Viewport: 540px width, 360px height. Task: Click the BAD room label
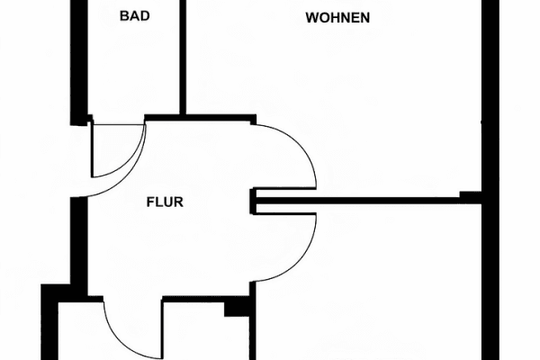(x=133, y=15)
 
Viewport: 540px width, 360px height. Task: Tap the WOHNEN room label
(x=337, y=18)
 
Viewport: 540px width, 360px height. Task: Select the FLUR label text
(x=165, y=202)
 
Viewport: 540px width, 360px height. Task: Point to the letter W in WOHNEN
(x=310, y=18)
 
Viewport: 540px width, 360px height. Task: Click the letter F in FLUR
(x=150, y=202)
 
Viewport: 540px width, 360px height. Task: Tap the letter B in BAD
(x=123, y=15)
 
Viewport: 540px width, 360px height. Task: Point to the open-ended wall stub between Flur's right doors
(x=255, y=202)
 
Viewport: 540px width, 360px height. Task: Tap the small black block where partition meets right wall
(x=470, y=195)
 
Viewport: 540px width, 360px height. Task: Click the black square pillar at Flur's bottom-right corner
(x=237, y=307)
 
